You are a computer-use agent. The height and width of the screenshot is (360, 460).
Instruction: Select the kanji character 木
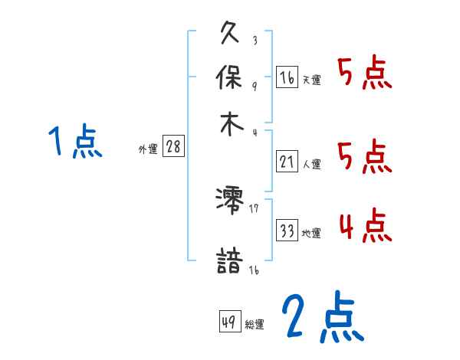(x=230, y=124)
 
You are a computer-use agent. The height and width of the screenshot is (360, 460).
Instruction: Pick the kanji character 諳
(x=230, y=260)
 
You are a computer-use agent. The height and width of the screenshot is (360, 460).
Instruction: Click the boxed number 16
(x=287, y=78)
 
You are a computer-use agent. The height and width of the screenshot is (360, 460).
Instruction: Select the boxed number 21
(x=287, y=162)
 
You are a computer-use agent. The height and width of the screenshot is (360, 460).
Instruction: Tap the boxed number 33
(x=287, y=231)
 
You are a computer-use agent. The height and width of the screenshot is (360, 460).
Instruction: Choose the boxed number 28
(x=173, y=148)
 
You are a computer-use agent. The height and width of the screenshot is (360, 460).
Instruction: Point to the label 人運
(x=312, y=164)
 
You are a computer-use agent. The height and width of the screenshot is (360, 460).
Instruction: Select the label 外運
(x=148, y=150)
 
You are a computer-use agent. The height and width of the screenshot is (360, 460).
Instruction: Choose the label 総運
(x=255, y=325)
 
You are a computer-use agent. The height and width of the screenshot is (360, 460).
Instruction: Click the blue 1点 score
(x=74, y=142)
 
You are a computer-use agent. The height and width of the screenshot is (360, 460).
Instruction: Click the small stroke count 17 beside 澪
(x=254, y=207)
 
